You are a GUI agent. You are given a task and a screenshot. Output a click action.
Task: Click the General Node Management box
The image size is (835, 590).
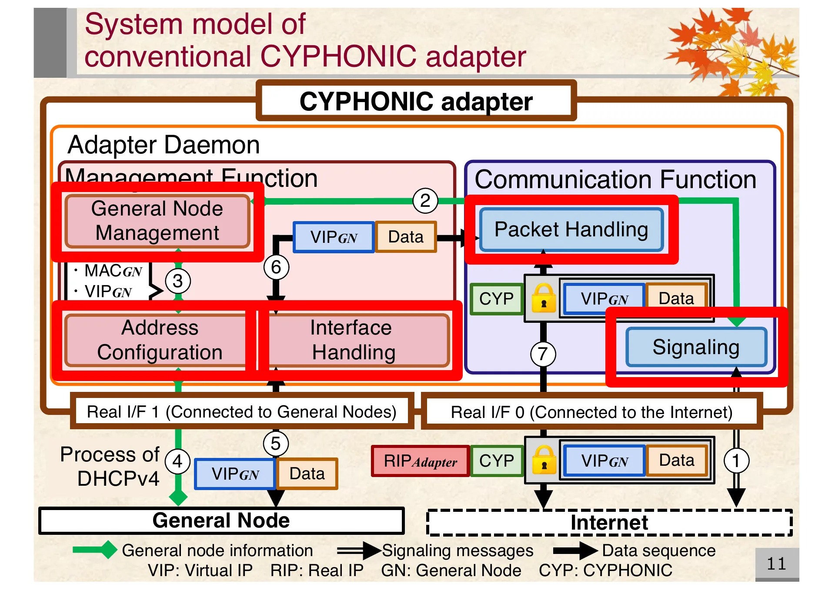157,221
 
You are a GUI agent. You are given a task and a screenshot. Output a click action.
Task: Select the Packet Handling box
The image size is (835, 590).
571,229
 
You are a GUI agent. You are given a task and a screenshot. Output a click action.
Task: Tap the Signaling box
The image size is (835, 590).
696,347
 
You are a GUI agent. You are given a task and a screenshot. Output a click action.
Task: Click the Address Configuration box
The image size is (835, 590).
160,340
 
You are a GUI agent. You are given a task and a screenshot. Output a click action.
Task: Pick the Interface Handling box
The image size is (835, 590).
353,340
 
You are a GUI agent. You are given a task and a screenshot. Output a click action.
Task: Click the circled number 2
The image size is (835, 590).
425,201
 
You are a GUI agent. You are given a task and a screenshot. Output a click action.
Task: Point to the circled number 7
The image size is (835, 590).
543,354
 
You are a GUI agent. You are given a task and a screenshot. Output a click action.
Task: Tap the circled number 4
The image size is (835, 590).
177,461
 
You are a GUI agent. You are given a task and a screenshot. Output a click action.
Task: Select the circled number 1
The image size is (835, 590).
736,461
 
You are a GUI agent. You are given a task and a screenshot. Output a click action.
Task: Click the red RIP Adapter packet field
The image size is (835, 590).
420,461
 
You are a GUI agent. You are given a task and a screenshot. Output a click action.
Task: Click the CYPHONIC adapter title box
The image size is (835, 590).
416,101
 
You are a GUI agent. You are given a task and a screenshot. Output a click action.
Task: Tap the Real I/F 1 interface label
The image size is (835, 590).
242,411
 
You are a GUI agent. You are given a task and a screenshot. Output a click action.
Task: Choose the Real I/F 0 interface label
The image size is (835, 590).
591,412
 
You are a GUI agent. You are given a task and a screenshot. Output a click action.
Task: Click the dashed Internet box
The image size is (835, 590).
609,523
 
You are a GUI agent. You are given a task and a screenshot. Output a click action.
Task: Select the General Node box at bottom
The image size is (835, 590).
221,520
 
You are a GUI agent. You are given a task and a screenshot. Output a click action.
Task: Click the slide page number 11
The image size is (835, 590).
776,564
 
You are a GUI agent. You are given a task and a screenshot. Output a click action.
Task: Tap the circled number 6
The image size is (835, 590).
276,267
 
